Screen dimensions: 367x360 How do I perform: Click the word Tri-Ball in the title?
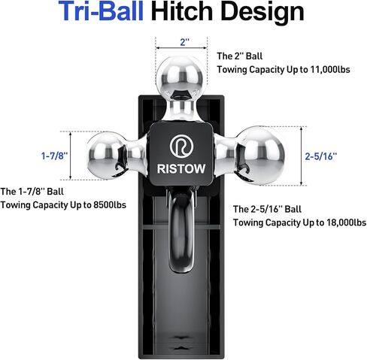click(x=101, y=11)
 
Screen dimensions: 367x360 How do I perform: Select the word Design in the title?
click(x=262, y=13)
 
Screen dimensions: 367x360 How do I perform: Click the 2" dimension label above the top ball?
click(x=184, y=42)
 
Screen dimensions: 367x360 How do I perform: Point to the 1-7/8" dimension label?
click(x=54, y=156)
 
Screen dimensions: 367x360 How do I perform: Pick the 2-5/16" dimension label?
click(x=321, y=156)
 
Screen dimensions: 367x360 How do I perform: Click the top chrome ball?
click(x=180, y=78)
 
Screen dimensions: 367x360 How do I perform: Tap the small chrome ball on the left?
click(x=106, y=156)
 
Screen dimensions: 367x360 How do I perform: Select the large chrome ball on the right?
click(x=260, y=156)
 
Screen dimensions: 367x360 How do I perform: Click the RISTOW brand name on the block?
click(x=181, y=168)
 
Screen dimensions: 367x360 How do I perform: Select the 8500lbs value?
click(x=110, y=205)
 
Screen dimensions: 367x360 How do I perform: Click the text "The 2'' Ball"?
click(x=240, y=56)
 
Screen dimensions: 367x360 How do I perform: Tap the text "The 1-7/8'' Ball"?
click(x=32, y=192)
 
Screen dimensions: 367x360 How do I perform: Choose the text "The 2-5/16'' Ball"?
click(x=267, y=209)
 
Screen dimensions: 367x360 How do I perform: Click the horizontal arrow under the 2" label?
click(x=181, y=48)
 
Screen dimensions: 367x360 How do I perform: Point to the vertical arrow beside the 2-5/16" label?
click(x=302, y=156)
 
